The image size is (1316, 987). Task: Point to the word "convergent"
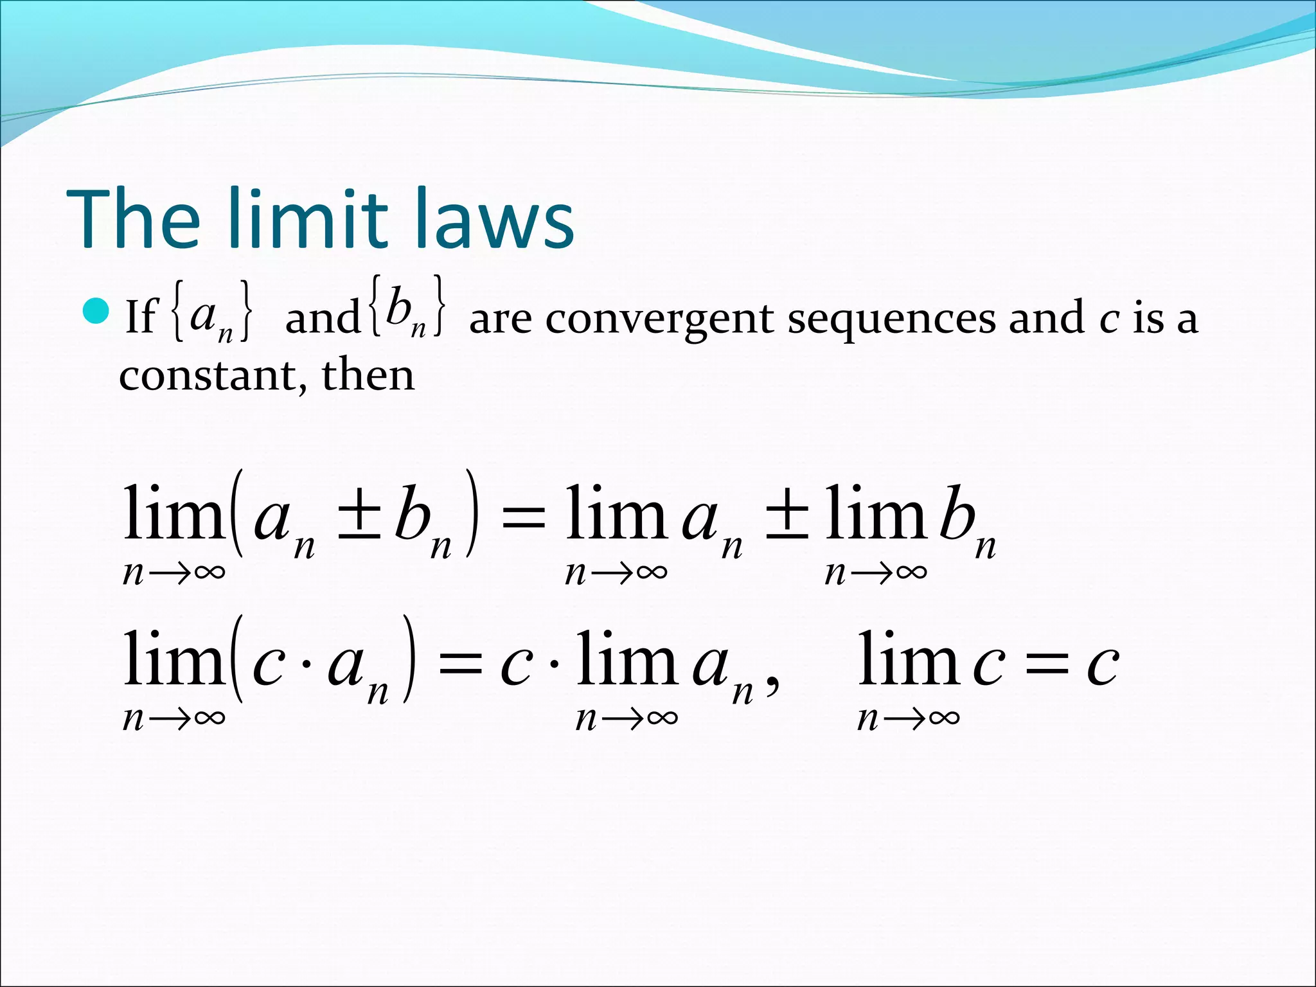[x=661, y=319]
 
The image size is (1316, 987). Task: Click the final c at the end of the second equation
[x=1103, y=665]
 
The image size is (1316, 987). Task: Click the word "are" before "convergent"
[x=500, y=320]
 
